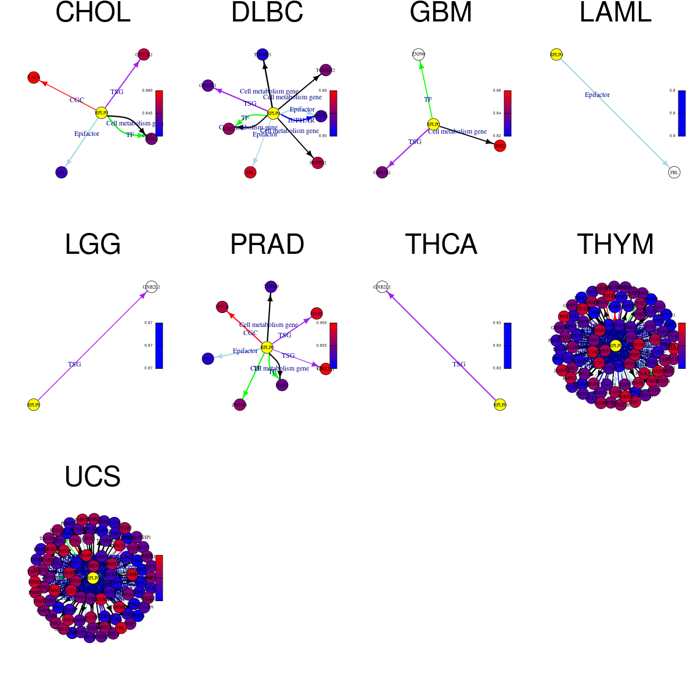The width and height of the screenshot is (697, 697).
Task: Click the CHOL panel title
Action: click(93, 13)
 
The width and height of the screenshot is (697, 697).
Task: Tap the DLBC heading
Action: click(267, 13)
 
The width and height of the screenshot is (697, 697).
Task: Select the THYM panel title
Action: click(615, 245)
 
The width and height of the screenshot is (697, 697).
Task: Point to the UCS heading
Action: click(93, 477)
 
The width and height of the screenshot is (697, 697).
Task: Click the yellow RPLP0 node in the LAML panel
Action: click(556, 55)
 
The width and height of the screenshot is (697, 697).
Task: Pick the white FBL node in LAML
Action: click(674, 173)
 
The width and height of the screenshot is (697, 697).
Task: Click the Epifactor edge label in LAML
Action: click(597, 95)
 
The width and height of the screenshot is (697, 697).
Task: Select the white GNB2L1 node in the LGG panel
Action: click(151, 287)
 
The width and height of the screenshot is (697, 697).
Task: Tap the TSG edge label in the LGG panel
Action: click(74, 364)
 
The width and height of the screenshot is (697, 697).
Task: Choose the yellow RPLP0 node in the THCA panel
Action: click(500, 405)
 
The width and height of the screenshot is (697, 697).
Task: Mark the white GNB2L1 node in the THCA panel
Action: click(382, 287)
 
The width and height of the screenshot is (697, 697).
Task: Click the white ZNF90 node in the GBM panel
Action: click(418, 55)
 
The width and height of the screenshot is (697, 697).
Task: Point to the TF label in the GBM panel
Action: click(428, 99)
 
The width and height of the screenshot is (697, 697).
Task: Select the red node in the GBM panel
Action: click(500, 146)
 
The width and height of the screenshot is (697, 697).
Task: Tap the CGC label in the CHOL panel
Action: click(77, 100)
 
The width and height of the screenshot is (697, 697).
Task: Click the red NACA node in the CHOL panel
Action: click(34, 77)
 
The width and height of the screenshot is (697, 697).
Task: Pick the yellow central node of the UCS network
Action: click(93, 578)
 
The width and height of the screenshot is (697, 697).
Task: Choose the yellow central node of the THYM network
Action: click(615, 346)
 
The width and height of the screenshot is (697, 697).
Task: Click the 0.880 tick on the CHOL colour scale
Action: click(146, 91)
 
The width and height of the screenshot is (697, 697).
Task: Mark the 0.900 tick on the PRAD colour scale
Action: click(321, 323)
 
